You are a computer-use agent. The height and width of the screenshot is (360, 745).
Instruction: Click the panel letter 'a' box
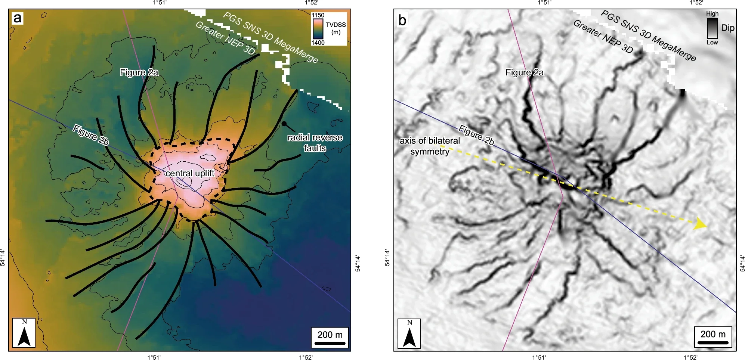(x=18, y=18)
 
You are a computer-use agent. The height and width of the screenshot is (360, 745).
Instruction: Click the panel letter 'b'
(x=402, y=20)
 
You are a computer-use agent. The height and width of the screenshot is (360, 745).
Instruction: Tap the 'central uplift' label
(x=190, y=173)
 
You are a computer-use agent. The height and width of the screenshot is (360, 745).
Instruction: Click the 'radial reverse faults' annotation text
(x=315, y=143)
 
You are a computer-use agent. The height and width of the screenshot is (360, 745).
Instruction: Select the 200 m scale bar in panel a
(x=330, y=338)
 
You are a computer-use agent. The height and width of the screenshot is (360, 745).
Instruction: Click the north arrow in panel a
(x=24, y=333)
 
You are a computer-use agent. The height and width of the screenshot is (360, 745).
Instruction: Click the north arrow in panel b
(x=409, y=333)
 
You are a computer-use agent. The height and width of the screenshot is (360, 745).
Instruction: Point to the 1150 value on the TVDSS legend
(x=318, y=15)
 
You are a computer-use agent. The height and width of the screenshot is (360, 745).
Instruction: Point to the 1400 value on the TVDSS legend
(x=318, y=43)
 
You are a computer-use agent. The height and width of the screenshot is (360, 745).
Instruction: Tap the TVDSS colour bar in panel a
(x=318, y=29)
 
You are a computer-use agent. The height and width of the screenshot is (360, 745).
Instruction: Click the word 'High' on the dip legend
(x=712, y=13)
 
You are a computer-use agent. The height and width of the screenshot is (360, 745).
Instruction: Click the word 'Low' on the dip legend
(x=712, y=43)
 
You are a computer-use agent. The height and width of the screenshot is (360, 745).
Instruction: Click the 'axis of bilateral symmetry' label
(x=430, y=146)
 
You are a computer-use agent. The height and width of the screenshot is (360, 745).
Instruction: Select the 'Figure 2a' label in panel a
(x=139, y=72)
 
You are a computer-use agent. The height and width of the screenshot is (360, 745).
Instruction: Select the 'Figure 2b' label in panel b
(x=476, y=135)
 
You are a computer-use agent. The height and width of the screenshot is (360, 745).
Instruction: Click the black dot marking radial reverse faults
(x=284, y=124)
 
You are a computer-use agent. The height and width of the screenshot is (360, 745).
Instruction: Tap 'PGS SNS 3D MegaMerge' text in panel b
(x=648, y=35)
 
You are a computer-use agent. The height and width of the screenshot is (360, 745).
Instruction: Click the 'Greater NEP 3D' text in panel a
(x=225, y=38)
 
